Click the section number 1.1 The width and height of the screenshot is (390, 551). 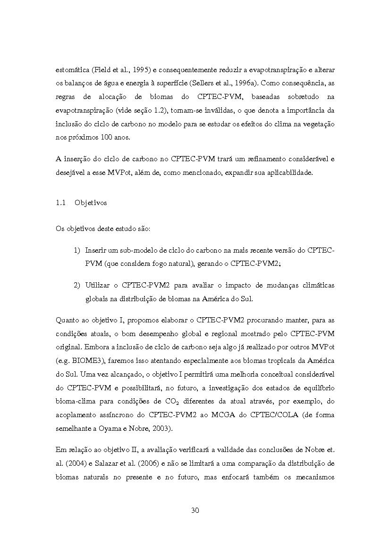coord(60,203)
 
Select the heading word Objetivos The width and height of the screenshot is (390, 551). coord(91,203)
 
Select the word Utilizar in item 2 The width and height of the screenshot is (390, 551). coord(98,285)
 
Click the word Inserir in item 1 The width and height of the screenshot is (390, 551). coord(96,250)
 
